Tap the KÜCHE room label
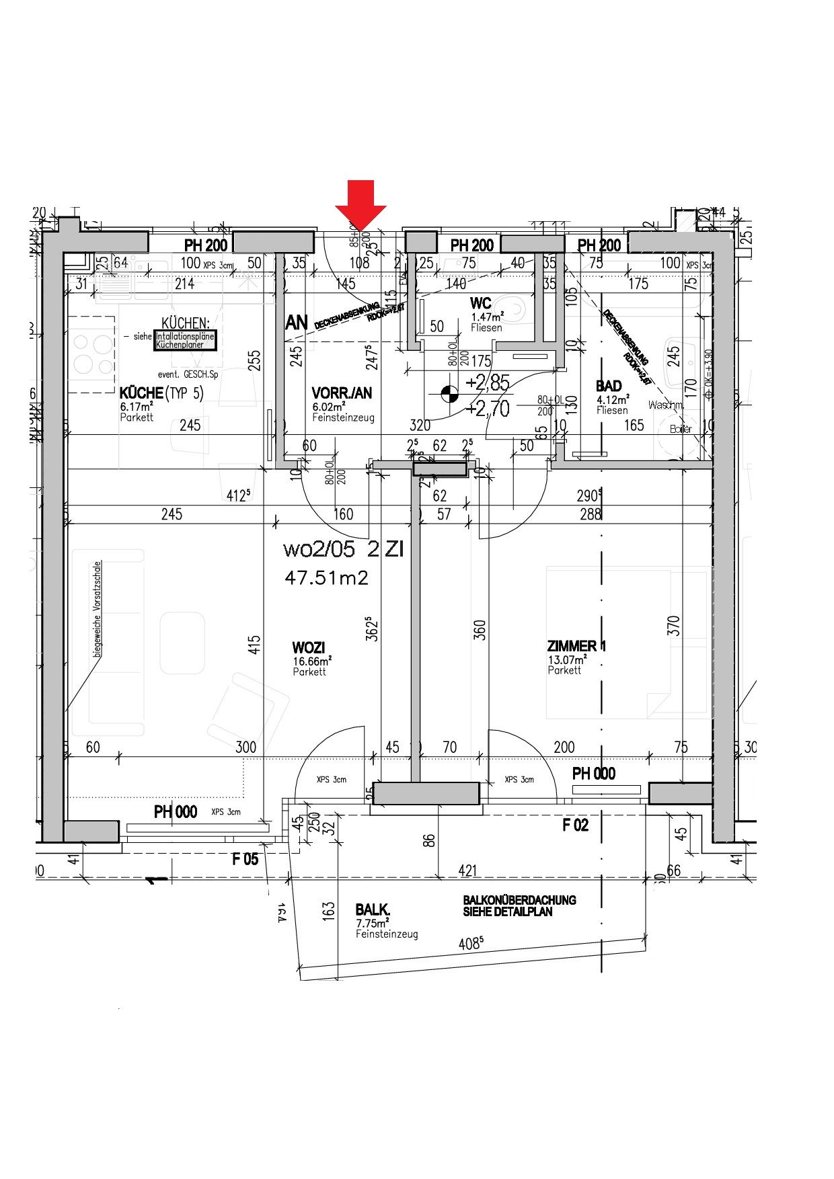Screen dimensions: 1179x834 tap(141, 393)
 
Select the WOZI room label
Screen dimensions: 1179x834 tap(309, 648)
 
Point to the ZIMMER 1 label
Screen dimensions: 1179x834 tap(576, 647)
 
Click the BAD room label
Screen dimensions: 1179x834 tap(609, 386)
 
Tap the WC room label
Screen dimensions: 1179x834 tap(481, 304)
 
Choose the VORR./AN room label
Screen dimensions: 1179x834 tap(342, 393)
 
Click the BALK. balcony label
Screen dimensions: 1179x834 tap(373, 910)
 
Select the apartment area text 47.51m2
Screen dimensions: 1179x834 tap(326, 578)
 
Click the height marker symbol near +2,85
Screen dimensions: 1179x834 tap(447, 393)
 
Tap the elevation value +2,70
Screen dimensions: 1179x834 tap(488, 409)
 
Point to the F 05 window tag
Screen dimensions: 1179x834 tap(245, 859)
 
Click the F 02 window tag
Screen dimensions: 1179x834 tap(575, 825)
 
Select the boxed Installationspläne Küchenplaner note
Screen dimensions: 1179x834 tap(185, 341)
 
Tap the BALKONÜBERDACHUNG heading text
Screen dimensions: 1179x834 tap(519, 900)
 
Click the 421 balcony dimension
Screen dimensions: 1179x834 tap(467, 871)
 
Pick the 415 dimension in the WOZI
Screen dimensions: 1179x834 tap(254, 648)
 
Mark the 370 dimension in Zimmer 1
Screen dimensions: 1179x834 tap(674, 626)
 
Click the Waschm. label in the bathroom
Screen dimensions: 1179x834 tap(666, 405)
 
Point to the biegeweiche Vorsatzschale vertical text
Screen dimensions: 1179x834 tap(98, 608)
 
